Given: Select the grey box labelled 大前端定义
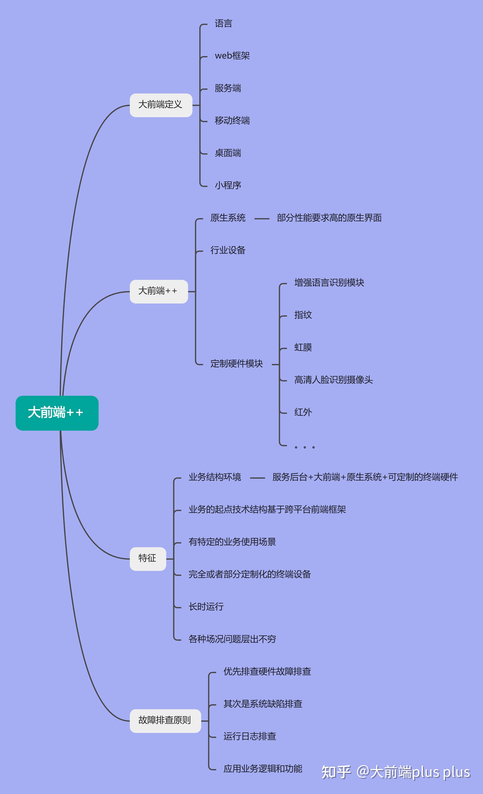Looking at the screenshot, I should [161, 105].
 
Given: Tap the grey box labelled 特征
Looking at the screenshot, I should [148, 559].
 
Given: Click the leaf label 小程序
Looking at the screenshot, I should [228, 185].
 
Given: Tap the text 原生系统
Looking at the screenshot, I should [228, 218].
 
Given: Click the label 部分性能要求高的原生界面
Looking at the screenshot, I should [329, 218].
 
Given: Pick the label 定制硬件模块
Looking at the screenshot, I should [237, 364].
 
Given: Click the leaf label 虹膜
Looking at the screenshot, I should [303, 347].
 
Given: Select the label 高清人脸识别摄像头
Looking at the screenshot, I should [333, 380].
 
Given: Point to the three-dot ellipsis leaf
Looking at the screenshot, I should [305, 447].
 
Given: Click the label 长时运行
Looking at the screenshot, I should [206, 606].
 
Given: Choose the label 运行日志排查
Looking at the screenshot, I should [250, 736].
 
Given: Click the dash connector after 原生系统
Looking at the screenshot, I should [262, 219].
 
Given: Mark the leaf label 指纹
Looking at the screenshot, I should [303, 315].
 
